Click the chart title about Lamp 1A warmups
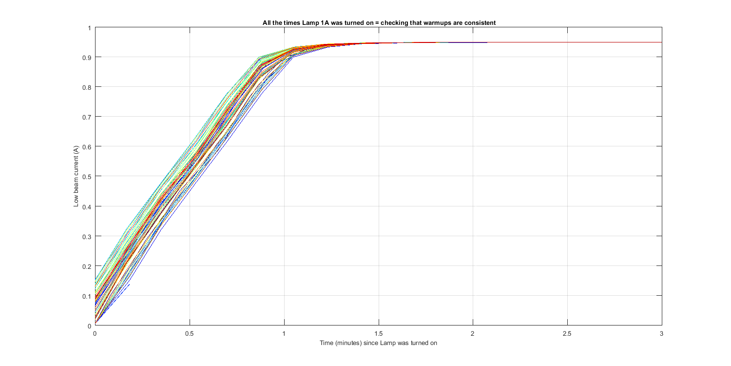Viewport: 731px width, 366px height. pyautogui.click(x=378, y=22)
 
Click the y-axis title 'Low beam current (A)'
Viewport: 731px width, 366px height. pyautogui.click(x=76, y=176)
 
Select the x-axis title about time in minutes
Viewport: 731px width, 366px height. pyautogui.click(x=378, y=343)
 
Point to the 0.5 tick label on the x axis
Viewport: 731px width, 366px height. pyautogui.click(x=189, y=334)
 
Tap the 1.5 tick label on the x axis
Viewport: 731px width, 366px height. pyautogui.click(x=378, y=334)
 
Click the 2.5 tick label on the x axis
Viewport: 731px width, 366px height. pyautogui.click(x=567, y=334)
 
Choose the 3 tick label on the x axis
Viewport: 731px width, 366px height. pyautogui.click(x=662, y=334)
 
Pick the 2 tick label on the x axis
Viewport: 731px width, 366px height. pyautogui.click(x=473, y=334)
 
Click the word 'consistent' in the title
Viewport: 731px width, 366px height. pyautogui.click(x=480, y=22)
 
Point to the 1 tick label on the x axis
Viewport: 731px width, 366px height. pyautogui.click(x=284, y=334)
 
